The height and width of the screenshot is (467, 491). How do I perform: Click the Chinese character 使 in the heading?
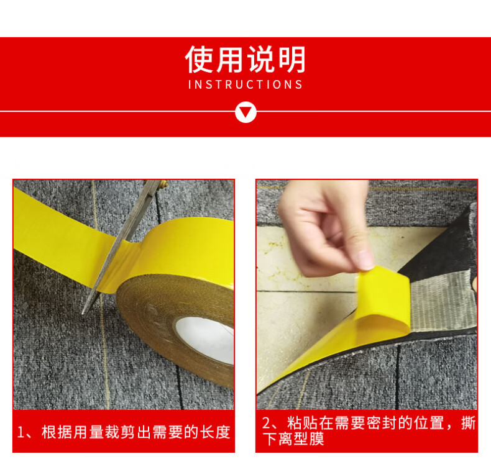(199, 59)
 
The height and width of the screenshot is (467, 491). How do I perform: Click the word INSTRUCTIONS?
(245, 84)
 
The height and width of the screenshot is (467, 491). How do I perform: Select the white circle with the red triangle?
(245, 112)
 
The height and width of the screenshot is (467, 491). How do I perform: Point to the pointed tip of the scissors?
(83, 313)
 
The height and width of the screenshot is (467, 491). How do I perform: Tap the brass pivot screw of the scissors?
(163, 184)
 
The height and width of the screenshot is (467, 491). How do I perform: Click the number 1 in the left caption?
(21, 433)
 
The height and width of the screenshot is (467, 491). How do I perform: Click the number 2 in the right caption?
(267, 423)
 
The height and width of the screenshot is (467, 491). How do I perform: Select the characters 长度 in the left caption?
(215, 432)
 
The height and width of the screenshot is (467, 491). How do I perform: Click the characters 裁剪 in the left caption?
(120, 432)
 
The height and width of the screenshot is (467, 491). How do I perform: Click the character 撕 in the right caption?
(469, 423)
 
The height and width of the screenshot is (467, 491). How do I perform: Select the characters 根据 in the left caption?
(57, 432)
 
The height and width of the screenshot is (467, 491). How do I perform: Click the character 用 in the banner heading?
(230, 59)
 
